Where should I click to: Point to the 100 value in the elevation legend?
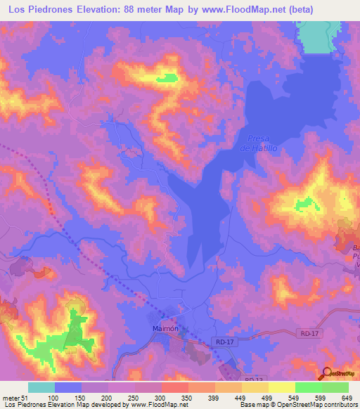click(51, 398)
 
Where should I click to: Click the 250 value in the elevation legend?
click(133, 398)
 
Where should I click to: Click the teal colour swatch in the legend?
click(41, 387)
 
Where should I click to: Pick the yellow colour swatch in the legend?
click(281, 387)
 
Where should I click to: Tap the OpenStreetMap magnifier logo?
click(328, 373)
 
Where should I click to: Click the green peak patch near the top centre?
click(167, 78)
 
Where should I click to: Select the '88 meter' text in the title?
click(157, 9)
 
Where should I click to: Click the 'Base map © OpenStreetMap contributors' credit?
click(297, 405)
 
